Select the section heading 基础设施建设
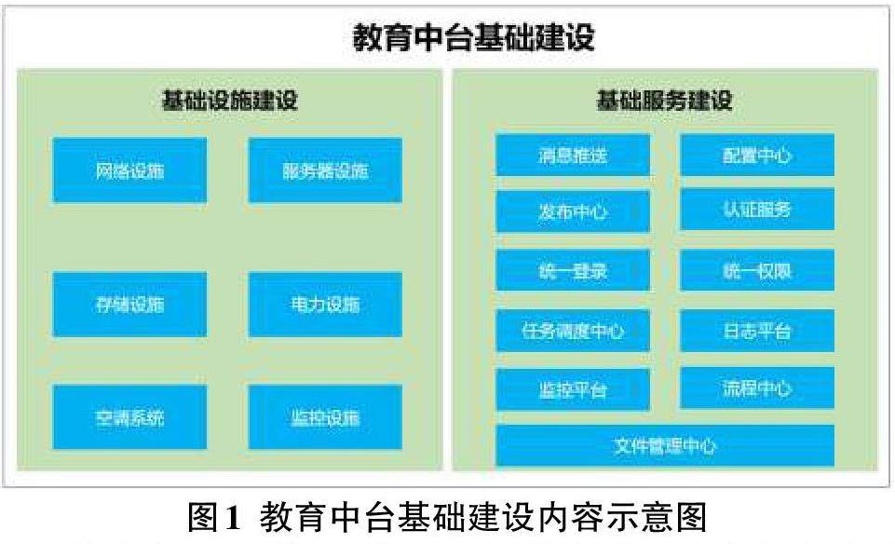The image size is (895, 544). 230,101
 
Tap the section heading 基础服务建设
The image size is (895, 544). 664,101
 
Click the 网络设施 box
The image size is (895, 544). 130,170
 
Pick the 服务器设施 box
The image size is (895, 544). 325,170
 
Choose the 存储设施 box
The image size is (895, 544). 130,305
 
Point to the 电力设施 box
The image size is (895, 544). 325,305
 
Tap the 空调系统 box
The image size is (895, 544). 130,417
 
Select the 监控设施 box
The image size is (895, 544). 325,417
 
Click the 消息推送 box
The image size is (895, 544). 573,155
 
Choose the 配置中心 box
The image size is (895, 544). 757,155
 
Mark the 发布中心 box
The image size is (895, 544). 573,211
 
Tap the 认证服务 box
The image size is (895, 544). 757,209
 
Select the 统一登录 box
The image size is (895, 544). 573,271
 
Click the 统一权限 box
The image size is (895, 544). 757,270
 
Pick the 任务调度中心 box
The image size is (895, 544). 573,331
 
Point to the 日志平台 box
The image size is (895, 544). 757,331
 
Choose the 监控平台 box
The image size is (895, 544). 573,389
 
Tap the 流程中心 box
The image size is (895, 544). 757,388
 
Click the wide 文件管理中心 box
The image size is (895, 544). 665,445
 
